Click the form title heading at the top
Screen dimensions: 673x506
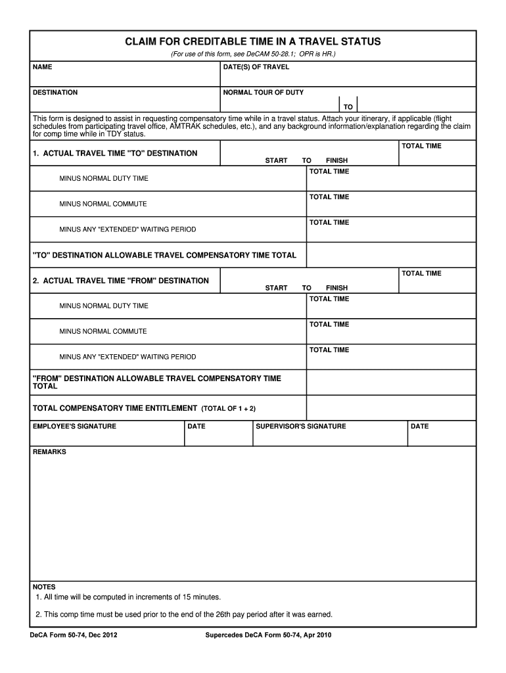pyautogui.click(x=253, y=42)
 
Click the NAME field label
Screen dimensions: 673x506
pyautogui.click(x=43, y=67)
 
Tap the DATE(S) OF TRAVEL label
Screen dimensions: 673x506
pyautogui.click(x=256, y=67)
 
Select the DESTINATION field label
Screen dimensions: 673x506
pyautogui.click(x=55, y=93)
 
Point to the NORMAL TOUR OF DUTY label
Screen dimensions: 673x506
pyautogui.click(x=264, y=93)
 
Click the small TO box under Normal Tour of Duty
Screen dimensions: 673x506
pyautogui.click(x=348, y=106)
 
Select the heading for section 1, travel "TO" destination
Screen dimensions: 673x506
pyautogui.click(x=115, y=153)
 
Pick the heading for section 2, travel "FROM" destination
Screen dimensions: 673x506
pyautogui.click(x=121, y=281)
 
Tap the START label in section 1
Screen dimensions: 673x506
pyautogui.click(x=276, y=160)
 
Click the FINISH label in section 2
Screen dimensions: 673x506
pyautogui.click(x=336, y=288)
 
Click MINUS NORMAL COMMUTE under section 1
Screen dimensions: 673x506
pyautogui.click(x=103, y=204)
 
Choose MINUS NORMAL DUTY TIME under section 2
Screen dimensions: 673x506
pyautogui.click(x=104, y=306)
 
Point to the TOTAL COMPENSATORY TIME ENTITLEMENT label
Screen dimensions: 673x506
pyautogui.click(x=115, y=408)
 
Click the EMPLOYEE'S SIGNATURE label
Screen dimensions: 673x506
pyautogui.click(x=74, y=427)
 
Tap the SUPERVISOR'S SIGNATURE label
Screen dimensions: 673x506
pyautogui.click(x=300, y=427)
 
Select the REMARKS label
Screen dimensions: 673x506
pyautogui.click(x=49, y=452)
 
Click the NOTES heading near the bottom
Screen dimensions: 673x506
pyautogui.click(x=44, y=587)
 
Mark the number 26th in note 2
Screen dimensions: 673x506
pyautogui.click(x=224, y=615)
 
